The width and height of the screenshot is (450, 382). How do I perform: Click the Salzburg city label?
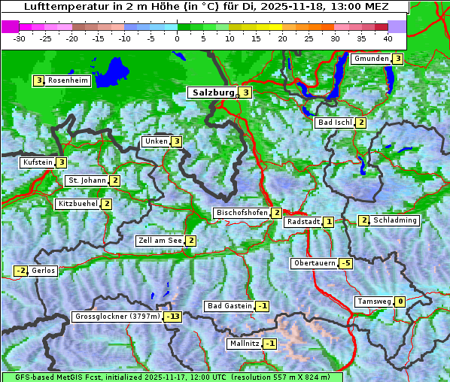[x=213, y=92]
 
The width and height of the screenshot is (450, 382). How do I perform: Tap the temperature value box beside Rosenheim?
[x=38, y=80]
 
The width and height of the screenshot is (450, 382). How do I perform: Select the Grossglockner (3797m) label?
[x=117, y=317]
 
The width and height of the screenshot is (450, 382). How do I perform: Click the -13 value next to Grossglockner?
[x=173, y=317]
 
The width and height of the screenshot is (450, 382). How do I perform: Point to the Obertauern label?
[x=314, y=263]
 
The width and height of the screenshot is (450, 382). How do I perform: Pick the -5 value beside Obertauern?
[x=345, y=263]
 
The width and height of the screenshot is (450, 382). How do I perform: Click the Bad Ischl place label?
[x=334, y=123]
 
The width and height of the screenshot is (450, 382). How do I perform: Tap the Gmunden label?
[x=371, y=59]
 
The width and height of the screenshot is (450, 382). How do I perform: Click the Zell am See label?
[x=160, y=241]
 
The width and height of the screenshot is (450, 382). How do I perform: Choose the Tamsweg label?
[x=373, y=302]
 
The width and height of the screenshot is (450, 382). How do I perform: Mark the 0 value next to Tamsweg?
[x=400, y=302]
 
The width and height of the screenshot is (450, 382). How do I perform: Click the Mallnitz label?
[x=244, y=344]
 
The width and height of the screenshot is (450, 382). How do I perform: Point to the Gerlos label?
[x=43, y=271]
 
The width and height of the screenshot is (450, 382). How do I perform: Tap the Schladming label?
[x=395, y=220]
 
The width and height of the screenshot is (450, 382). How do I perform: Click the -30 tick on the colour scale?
[x=20, y=38]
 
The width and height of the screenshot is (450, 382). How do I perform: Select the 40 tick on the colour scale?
[x=388, y=38]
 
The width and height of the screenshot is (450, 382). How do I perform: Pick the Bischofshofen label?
[x=242, y=213]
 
